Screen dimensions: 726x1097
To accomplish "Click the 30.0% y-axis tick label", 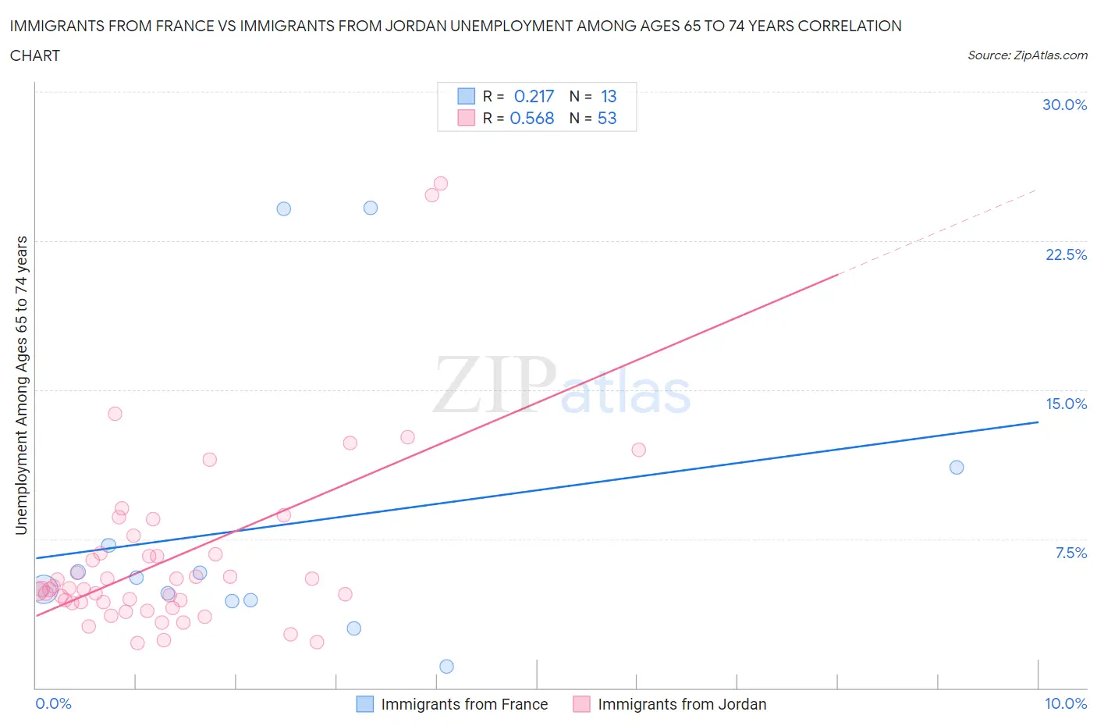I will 1064,105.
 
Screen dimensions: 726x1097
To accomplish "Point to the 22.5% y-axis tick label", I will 1066,254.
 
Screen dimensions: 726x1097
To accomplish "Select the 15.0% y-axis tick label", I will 1066,404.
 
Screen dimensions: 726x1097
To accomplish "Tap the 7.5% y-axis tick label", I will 1070,553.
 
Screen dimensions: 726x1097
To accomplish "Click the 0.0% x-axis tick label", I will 53,703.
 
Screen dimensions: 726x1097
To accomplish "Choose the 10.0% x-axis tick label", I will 1066,703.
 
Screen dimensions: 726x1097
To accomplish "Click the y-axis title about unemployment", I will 21,386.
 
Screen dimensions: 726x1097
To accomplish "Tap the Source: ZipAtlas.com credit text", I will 1027,55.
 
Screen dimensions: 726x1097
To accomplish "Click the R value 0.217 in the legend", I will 534,96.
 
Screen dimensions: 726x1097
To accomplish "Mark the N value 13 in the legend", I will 609,96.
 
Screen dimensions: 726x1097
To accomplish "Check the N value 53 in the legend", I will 606,118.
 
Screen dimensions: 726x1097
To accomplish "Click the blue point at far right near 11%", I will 957,468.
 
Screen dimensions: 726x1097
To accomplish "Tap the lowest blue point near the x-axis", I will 446,667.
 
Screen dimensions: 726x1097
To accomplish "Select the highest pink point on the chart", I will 440,183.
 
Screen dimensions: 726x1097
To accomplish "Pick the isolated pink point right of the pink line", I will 638,450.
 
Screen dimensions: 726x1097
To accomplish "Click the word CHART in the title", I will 35,55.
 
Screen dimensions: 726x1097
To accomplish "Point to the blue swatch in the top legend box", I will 466,96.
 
